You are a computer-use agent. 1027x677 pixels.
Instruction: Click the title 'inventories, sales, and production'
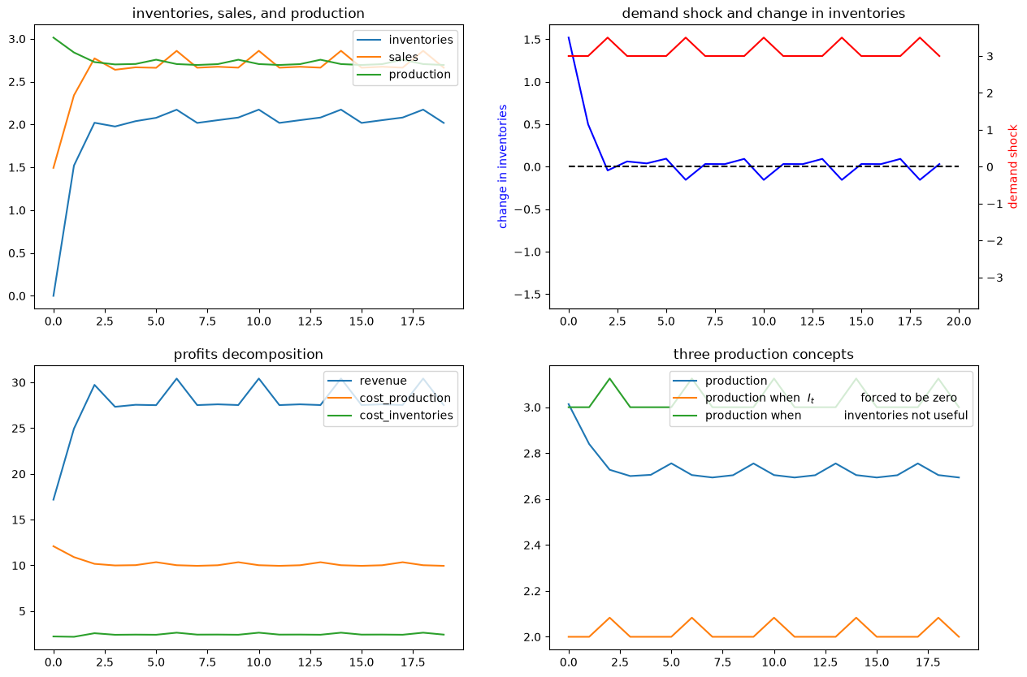tap(248, 13)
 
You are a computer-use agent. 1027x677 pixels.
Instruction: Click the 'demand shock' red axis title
tap(1013, 166)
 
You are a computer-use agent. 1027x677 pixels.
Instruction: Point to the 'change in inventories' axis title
tap(502, 166)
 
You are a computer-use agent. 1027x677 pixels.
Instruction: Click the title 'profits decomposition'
tap(248, 354)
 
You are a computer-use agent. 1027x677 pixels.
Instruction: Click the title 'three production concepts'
tap(764, 354)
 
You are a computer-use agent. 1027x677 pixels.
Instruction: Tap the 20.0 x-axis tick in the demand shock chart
tap(959, 321)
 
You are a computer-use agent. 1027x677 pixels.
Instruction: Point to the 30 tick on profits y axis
tap(19, 382)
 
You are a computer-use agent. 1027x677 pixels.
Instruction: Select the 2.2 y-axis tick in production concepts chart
tap(532, 591)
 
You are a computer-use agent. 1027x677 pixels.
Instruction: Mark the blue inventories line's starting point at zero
tap(54, 296)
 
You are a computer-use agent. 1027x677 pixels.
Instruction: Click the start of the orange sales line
tap(54, 168)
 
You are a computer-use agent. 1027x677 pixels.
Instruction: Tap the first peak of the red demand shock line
tap(608, 37)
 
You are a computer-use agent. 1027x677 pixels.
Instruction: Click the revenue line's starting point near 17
tap(54, 500)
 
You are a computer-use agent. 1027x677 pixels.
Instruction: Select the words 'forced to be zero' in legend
tap(908, 398)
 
